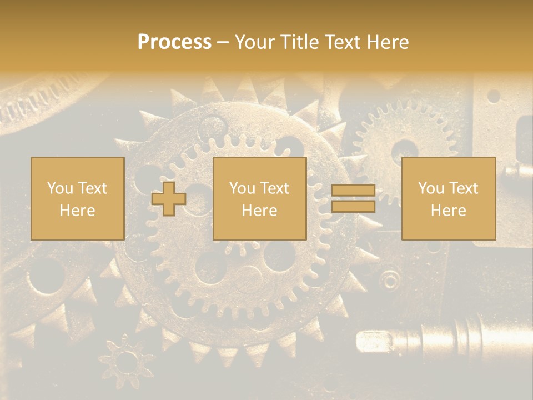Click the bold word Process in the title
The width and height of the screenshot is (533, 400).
[x=174, y=42]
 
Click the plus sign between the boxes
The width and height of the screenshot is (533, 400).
[x=169, y=198]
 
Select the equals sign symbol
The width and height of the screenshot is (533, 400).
[x=353, y=198]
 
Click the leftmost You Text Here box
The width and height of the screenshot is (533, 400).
[x=78, y=198]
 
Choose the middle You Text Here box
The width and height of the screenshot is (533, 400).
[x=259, y=198]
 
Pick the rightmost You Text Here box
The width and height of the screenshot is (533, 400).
[x=448, y=198]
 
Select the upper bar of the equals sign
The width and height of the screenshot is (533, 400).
[x=353, y=191]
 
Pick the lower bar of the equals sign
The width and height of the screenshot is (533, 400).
[x=353, y=206]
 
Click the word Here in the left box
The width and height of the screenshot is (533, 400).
[x=78, y=210]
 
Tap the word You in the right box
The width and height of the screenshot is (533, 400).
[x=431, y=188]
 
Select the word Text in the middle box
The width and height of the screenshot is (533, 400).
[x=274, y=188]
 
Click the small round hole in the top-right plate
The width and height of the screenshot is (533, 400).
[x=493, y=96]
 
